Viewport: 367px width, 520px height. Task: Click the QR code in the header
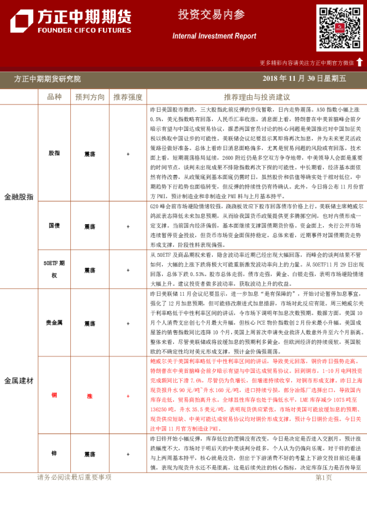tap(340, 28)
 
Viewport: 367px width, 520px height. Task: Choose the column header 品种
tap(54, 97)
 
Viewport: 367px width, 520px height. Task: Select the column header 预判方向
tap(90, 97)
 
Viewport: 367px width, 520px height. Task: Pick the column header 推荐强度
tap(128, 97)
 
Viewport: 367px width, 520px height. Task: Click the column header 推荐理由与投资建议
tap(257, 97)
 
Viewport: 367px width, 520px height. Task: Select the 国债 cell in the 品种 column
tap(54, 227)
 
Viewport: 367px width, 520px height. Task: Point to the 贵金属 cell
tap(54, 323)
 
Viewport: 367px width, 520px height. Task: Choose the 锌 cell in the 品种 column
tap(54, 453)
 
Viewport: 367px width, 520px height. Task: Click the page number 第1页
tap(323, 495)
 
